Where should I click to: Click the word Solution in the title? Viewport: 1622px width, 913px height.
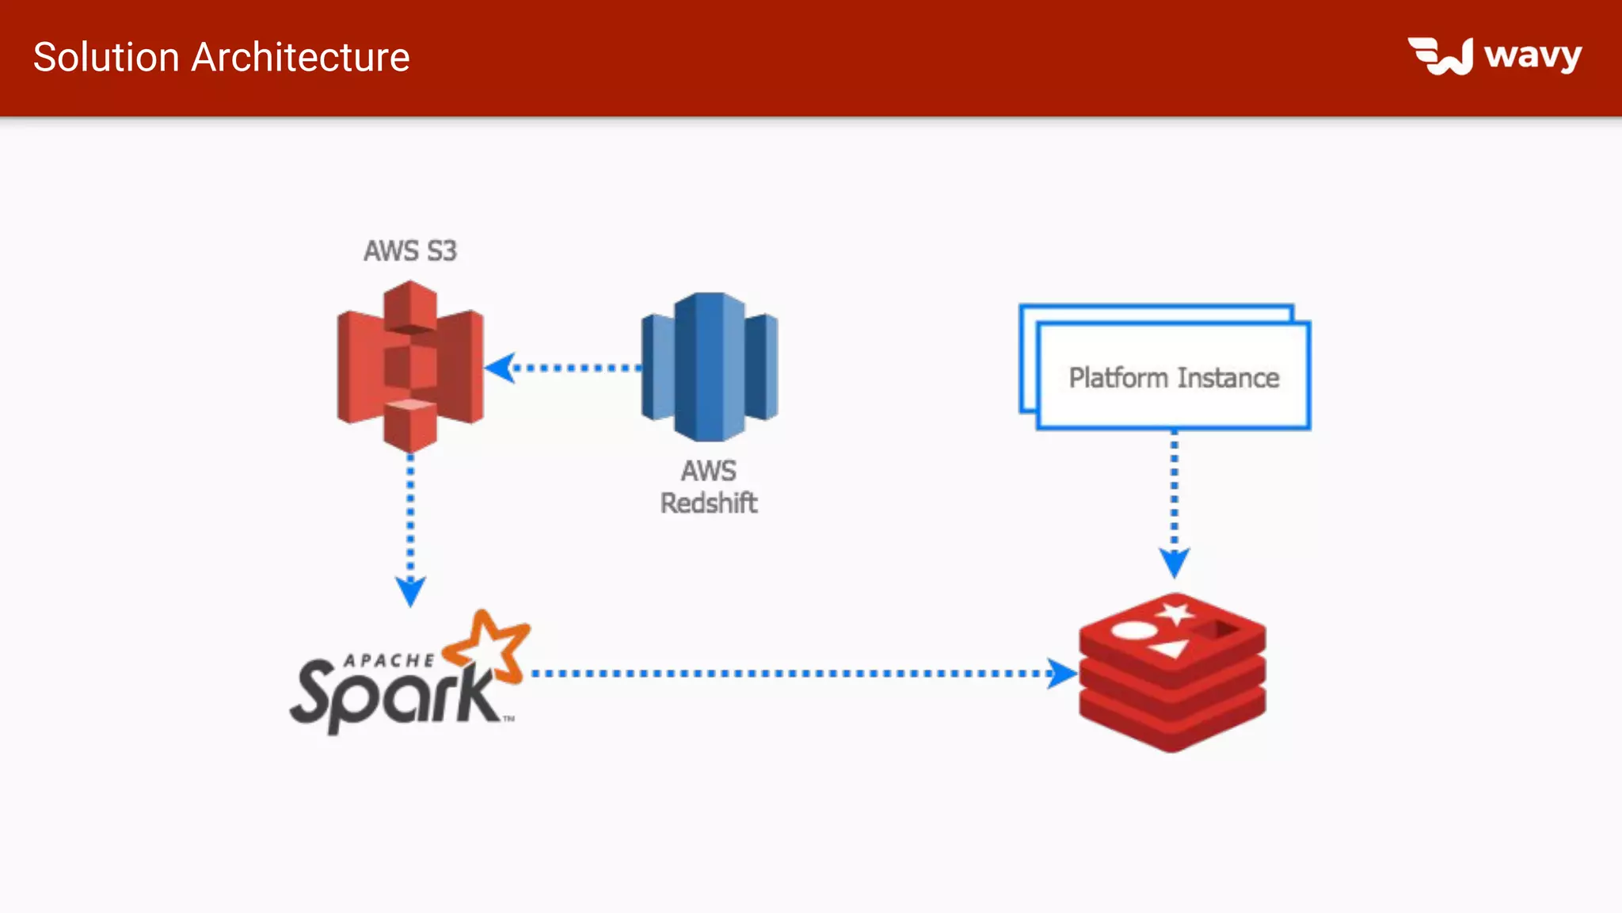[x=106, y=58]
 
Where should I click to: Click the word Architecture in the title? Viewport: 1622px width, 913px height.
[x=300, y=58]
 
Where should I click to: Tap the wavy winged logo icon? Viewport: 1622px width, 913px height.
[x=1441, y=56]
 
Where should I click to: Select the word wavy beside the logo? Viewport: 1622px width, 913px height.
[x=1533, y=56]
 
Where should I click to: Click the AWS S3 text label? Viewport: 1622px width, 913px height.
[x=410, y=251]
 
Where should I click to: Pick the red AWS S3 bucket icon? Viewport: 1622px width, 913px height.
[x=410, y=366]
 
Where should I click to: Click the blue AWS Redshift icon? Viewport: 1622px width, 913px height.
[x=710, y=367]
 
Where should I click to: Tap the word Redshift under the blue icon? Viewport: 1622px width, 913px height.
[x=709, y=503]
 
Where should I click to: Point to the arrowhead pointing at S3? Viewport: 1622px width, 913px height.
[x=500, y=368]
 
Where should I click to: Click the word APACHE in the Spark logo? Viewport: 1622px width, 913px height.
[x=389, y=660]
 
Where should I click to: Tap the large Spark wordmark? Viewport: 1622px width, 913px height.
[x=392, y=696]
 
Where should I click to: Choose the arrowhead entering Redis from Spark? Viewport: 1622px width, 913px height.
[x=1061, y=674]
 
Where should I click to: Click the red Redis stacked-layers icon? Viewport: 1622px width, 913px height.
[x=1172, y=674]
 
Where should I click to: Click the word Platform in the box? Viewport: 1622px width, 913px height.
[x=1118, y=378]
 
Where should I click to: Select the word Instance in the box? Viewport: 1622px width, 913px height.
[x=1228, y=378]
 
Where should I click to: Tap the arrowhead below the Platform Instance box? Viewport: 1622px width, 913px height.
[x=1174, y=563]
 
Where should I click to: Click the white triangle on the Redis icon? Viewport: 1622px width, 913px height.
[x=1169, y=650]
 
